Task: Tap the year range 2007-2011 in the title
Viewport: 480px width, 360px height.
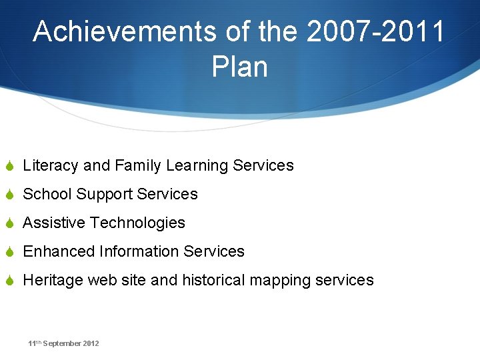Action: [x=375, y=31]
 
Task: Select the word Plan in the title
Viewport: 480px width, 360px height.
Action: [x=239, y=67]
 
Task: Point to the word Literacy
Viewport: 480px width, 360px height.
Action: [x=51, y=165]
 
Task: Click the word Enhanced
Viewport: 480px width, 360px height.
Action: [x=59, y=251]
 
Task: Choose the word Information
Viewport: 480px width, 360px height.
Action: [x=139, y=251]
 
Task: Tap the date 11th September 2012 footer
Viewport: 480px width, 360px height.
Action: [x=63, y=343]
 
